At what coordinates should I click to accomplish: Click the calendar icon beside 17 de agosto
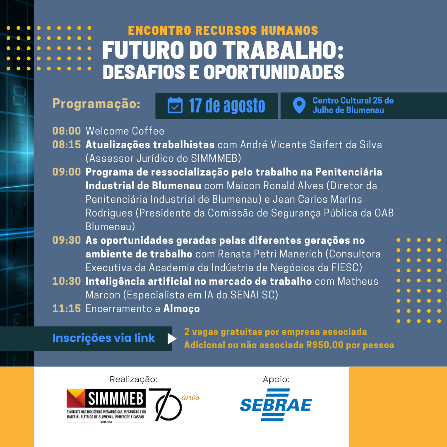[x=175, y=105]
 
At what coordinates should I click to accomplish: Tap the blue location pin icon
[x=299, y=106]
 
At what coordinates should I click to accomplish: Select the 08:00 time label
[x=67, y=131]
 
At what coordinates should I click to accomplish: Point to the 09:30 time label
[x=67, y=240]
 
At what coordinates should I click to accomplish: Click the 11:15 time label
[x=67, y=308]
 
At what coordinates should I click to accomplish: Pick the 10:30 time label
[x=67, y=281]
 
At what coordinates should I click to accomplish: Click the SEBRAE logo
[x=276, y=404]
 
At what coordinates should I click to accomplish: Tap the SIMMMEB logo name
[x=115, y=398]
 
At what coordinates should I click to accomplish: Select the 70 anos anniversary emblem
[x=174, y=404]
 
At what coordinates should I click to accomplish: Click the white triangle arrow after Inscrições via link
[x=172, y=339]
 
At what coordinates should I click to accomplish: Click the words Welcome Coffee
[x=125, y=131]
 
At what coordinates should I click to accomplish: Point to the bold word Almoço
[x=182, y=309]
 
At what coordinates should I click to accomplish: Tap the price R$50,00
[x=325, y=345]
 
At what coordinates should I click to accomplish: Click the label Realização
[x=133, y=380]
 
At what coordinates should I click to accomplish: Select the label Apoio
[x=276, y=380]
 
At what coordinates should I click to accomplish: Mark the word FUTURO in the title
[x=143, y=50]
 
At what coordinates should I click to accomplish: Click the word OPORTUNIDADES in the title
[x=274, y=72]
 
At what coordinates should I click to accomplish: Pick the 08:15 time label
[x=67, y=144]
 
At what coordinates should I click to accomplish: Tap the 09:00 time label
[x=67, y=172]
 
